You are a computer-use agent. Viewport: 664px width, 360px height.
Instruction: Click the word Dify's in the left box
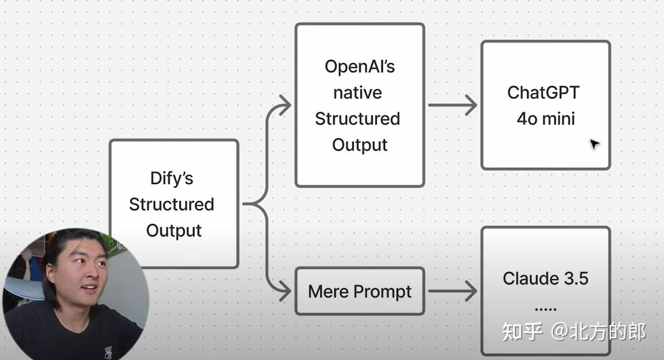pyautogui.click(x=172, y=178)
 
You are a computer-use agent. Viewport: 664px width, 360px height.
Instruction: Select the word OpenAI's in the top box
pyautogui.click(x=359, y=67)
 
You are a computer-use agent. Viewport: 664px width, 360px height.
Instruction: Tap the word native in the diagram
pyautogui.click(x=357, y=93)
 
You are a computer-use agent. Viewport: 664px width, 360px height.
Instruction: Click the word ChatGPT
pyautogui.click(x=543, y=92)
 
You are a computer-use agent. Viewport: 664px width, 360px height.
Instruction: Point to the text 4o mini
pyautogui.click(x=545, y=119)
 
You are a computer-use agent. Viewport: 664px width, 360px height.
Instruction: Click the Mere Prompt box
pyautogui.click(x=359, y=291)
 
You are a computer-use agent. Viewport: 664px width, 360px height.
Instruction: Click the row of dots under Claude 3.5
pyautogui.click(x=545, y=308)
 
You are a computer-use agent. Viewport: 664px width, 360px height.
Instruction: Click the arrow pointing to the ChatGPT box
pyautogui.click(x=452, y=105)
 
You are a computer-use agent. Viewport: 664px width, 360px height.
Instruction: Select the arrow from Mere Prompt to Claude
pyautogui.click(x=452, y=291)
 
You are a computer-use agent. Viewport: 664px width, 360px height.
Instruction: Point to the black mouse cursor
pyautogui.click(x=594, y=145)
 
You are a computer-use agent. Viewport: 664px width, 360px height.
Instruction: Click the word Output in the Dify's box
pyautogui.click(x=173, y=231)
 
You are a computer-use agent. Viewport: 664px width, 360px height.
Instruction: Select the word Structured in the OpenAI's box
pyautogui.click(x=357, y=119)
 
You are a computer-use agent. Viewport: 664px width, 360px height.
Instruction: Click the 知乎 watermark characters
pyautogui.click(x=522, y=331)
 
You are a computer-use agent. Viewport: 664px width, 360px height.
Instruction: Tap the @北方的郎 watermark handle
pyautogui.click(x=598, y=331)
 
